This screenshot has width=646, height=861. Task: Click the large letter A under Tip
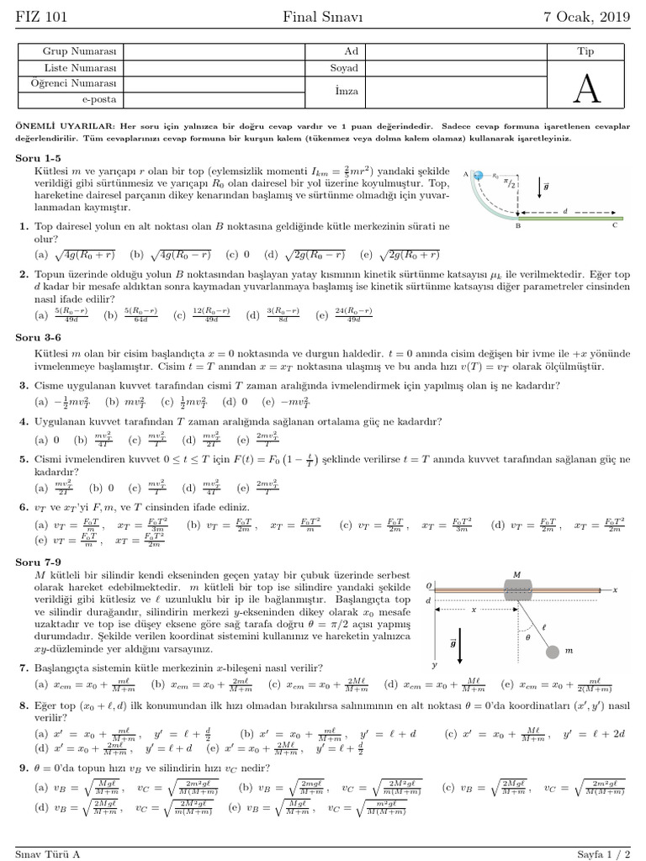click(586, 87)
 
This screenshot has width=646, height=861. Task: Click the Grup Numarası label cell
click(70, 52)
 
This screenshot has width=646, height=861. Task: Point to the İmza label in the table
click(346, 91)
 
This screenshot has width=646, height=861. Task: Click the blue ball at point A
click(477, 175)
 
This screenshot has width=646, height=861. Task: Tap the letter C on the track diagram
click(615, 225)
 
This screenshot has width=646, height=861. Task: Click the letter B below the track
click(518, 226)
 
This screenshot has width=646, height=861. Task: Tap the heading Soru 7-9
click(38, 561)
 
